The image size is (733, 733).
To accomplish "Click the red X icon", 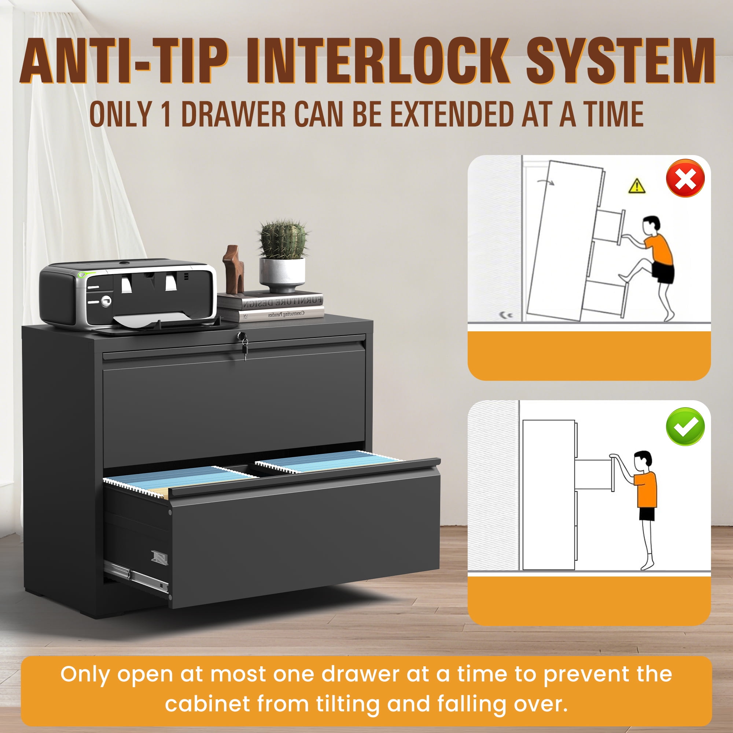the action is point(686,178).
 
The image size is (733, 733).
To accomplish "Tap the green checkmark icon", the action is point(686,427).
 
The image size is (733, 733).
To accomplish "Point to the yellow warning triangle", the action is point(637,186).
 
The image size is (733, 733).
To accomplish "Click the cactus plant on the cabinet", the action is point(283,239).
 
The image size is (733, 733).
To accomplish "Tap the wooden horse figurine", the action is point(233,269).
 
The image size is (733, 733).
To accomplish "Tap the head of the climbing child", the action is point(651,227).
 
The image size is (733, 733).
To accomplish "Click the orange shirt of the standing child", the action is point(645,489).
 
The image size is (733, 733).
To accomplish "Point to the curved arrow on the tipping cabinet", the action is point(546,181).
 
